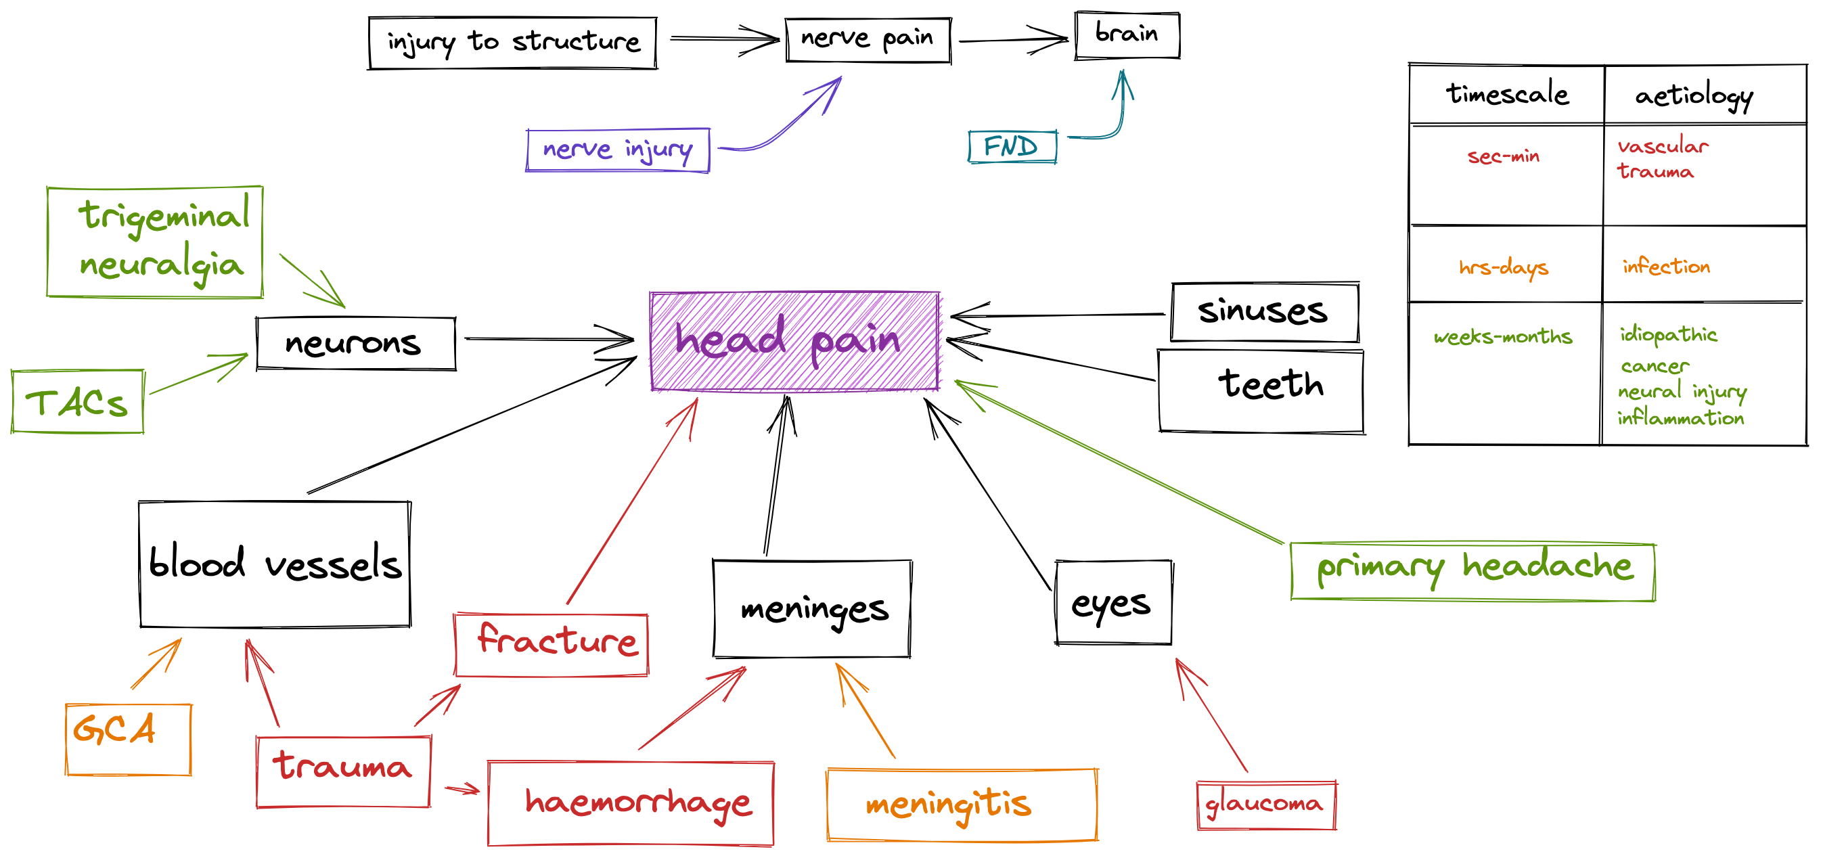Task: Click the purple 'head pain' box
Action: [x=794, y=340]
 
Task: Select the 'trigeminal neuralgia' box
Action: [x=155, y=241]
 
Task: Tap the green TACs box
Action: [x=77, y=401]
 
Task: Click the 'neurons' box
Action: [x=355, y=344]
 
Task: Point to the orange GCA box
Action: [x=128, y=740]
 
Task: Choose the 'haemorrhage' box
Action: [x=631, y=803]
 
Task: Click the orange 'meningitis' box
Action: [x=962, y=805]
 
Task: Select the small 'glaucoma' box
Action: [x=1266, y=805]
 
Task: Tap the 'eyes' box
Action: [x=1112, y=603]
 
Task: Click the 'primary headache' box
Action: [x=1472, y=571]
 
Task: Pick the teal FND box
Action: [x=1012, y=147]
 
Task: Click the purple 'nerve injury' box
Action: [x=617, y=150]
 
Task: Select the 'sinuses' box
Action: [x=1264, y=312]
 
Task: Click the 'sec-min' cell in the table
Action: [x=1504, y=156]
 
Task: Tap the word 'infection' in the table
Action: [x=1666, y=267]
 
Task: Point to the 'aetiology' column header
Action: [x=1694, y=95]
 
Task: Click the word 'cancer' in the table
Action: [x=1654, y=366]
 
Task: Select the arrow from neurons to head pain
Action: [x=548, y=339]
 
